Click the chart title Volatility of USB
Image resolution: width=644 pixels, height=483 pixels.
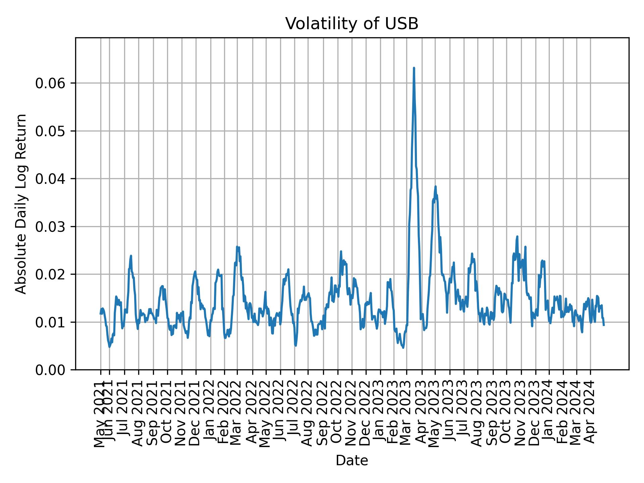pyautogui.click(x=352, y=24)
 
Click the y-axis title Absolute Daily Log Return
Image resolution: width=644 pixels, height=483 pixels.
pyautogui.click(x=21, y=204)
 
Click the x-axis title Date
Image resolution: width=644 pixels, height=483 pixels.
pyautogui.click(x=352, y=461)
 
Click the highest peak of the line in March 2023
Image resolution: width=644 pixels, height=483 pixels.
pyautogui.click(x=414, y=68)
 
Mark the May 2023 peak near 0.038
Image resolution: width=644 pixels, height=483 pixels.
pyautogui.click(x=435, y=186)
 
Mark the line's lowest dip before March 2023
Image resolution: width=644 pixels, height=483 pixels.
pyautogui.click(x=403, y=347)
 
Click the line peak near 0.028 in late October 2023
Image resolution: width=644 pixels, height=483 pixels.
pyautogui.click(x=517, y=236)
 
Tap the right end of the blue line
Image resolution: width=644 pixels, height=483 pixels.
pyautogui.click(x=604, y=325)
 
